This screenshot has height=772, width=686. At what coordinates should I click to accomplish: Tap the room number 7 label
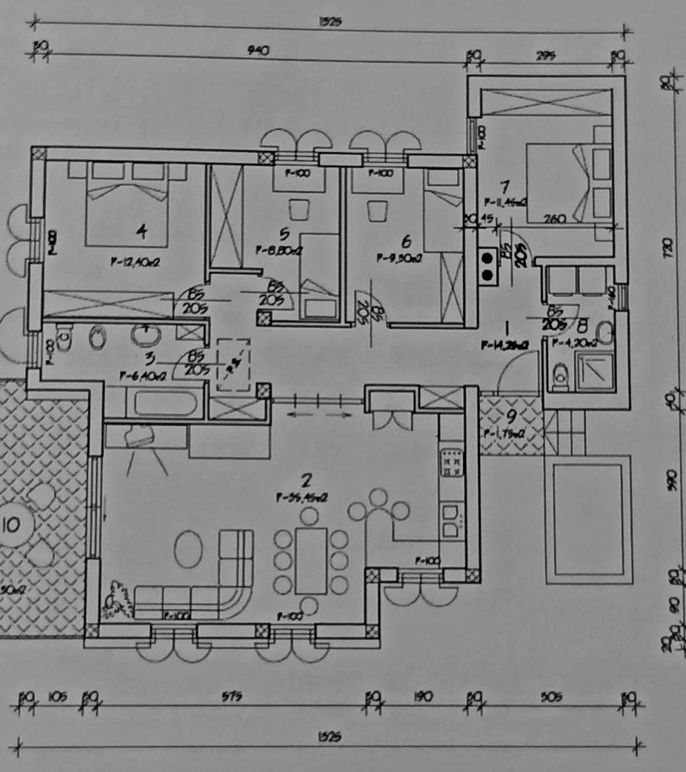[504, 187]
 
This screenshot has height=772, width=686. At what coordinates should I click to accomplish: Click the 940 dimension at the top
[257, 51]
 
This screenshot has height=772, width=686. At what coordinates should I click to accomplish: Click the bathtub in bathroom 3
[165, 402]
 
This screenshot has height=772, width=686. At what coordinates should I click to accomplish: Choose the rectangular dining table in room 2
[311, 560]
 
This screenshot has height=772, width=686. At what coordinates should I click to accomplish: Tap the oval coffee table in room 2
[188, 549]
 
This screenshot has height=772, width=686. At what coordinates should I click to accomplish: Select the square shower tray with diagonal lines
[595, 370]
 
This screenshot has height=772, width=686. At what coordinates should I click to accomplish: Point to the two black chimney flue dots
[488, 266]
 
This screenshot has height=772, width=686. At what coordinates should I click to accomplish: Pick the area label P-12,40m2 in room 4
[134, 262]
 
